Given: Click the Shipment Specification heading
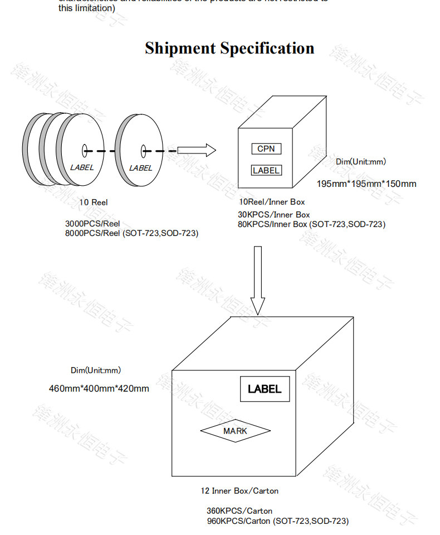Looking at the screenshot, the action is tap(229, 48).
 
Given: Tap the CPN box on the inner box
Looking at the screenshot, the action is tap(266, 149).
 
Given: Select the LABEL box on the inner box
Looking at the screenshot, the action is tap(266, 170).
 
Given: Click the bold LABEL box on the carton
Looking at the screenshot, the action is tap(265, 389).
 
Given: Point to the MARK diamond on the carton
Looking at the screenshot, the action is tap(235, 431).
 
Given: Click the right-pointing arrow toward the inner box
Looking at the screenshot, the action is tap(196, 150).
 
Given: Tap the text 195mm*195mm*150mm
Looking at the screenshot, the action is tap(366, 184).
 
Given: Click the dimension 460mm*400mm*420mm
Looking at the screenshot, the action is tap(99, 388).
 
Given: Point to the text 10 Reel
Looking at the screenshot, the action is tap(93, 203).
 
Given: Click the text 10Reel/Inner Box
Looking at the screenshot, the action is tap(272, 202).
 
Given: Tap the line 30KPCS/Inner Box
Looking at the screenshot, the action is tap(274, 215).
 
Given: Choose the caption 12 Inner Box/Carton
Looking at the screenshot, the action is tap(239, 491).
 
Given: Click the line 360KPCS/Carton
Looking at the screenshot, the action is tap(239, 511).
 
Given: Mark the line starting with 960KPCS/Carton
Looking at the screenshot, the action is tap(277, 521).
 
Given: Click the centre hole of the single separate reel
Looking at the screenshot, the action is tap(143, 150).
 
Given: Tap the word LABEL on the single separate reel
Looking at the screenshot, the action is tap(140, 167).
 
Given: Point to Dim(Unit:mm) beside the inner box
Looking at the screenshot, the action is tap(360, 162).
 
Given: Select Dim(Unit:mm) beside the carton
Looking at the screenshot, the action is tap(95, 370).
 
